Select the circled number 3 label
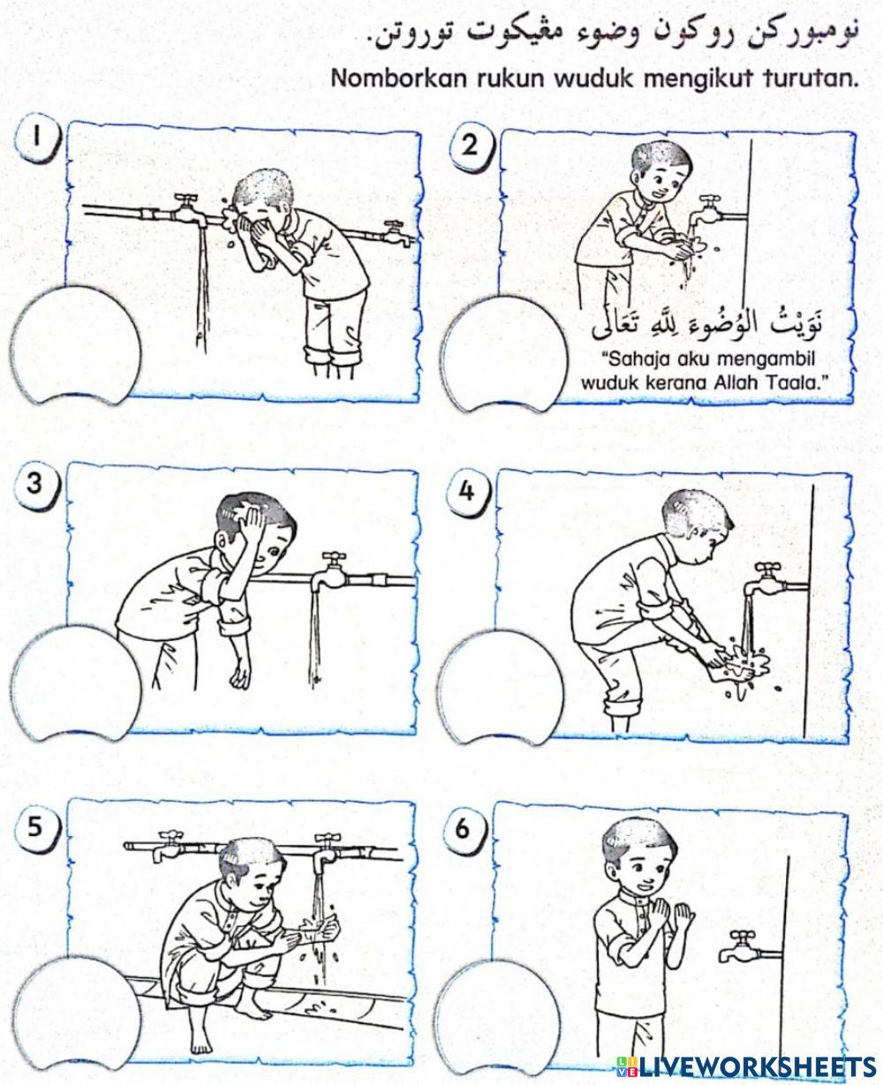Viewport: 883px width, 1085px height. point(36,484)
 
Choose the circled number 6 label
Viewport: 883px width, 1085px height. point(466,830)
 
